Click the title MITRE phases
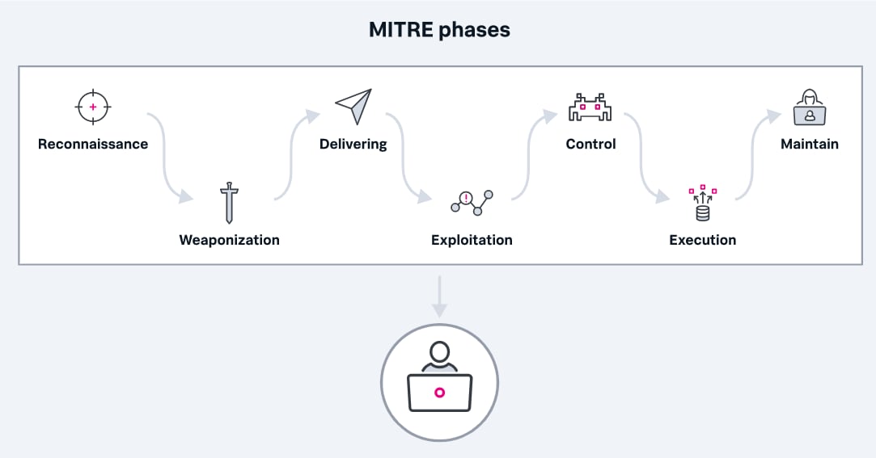[439, 30]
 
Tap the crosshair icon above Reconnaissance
[93, 107]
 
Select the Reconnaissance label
[93, 144]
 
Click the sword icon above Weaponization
[229, 203]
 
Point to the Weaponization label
[229, 240]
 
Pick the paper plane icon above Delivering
[353, 106]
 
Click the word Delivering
[353, 145]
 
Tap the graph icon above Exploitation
[472, 203]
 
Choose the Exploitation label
[472, 240]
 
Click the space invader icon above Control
[590, 107]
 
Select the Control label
[590, 144]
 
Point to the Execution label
[702, 240]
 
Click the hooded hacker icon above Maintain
[810, 107]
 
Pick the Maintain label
[810, 144]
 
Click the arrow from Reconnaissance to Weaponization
[165, 159]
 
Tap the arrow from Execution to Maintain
[752, 156]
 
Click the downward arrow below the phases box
[440, 296]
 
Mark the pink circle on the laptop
[440, 393]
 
